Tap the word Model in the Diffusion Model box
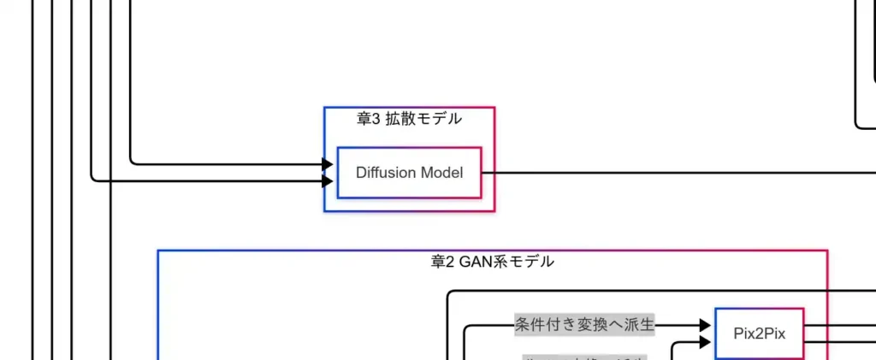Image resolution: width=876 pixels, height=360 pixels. [x=441, y=173]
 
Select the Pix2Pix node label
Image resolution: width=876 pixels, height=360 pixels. [x=760, y=333]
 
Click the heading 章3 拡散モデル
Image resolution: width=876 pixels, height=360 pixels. [x=409, y=119]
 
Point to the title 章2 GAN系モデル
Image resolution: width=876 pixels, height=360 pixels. [x=492, y=262]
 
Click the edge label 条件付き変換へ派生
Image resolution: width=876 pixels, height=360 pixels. [x=584, y=324]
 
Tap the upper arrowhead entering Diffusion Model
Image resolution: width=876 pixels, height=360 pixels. [x=328, y=163]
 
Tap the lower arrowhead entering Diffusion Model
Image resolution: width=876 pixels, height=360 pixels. [x=328, y=181]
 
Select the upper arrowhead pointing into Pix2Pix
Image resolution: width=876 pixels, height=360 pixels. [x=706, y=325]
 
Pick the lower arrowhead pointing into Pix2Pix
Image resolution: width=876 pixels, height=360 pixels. [x=706, y=343]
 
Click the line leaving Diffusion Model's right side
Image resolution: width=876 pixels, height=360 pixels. [x=667, y=173]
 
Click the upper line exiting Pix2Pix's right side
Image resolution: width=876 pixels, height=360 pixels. [x=838, y=325]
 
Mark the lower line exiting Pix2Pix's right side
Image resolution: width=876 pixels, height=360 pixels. [x=838, y=343]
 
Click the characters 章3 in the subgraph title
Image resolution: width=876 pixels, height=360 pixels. [x=368, y=119]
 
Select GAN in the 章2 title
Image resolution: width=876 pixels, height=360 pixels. [x=474, y=262]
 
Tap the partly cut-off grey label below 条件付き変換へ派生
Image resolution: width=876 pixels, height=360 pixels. [x=584, y=357]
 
